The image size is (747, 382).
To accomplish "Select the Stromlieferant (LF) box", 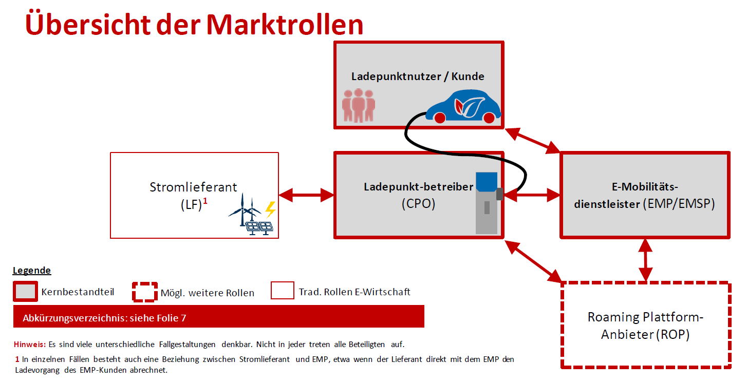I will (194, 195).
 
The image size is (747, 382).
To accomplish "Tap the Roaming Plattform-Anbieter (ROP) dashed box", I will (645, 325).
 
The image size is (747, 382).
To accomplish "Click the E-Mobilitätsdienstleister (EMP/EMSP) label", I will (645, 195).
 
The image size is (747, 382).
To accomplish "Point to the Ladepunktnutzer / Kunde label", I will (418, 77).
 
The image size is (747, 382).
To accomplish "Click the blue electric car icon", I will (463, 107).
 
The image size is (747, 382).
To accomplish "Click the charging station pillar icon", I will (487, 203).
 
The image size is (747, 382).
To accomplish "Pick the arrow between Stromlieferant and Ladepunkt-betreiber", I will (306, 195).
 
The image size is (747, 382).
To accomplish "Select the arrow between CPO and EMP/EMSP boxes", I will (532, 195).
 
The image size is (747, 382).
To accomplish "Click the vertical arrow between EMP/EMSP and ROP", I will (645, 259).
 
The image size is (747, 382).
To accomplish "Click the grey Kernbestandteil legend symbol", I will (25, 292).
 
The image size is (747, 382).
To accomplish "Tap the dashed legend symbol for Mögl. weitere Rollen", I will (144, 292).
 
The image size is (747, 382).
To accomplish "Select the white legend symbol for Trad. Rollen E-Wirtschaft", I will (282, 291).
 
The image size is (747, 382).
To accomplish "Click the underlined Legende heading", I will (32, 271).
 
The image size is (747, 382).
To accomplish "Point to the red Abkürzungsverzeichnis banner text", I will (104, 318).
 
